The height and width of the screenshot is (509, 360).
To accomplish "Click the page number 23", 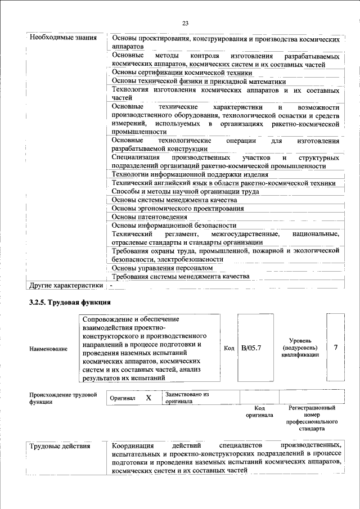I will tap(185, 23).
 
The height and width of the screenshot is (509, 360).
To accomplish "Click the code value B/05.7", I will tap(251, 348).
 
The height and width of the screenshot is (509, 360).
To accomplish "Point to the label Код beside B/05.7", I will tap(229, 348).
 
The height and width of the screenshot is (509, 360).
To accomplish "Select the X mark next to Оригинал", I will tap(148, 398).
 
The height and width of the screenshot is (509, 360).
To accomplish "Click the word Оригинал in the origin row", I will tap(123, 398).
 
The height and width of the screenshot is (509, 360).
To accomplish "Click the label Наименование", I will tap(48, 349).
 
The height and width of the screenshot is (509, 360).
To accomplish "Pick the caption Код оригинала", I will tap(259, 411).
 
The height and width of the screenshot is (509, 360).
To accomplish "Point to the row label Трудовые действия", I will tap(60, 446).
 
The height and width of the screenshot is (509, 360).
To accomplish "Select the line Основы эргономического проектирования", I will tap(169, 208).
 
